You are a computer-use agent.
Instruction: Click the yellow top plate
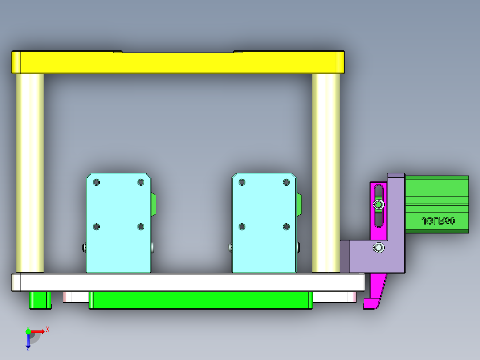(x=178, y=62)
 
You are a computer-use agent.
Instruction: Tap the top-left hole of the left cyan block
(x=97, y=182)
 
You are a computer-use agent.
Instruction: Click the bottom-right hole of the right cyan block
(x=286, y=227)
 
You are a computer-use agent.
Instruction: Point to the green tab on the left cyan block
(x=154, y=205)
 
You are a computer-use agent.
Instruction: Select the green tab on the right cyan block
(x=299, y=205)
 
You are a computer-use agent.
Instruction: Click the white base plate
(x=187, y=282)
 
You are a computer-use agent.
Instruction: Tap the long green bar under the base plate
(x=200, y=300)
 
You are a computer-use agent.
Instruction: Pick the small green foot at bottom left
(x=40, y=300)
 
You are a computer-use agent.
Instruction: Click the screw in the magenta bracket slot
(x=378, y=205)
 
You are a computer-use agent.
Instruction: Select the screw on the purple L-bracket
(x=378, y=248)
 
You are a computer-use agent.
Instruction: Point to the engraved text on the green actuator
(x=438, y=221)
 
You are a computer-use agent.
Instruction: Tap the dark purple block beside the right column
(x=344, y=256)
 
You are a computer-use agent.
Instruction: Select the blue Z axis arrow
(x=28, y=341)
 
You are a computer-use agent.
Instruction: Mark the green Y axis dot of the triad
(x=28, y=331)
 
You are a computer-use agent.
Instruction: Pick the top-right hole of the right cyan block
(x=286, y=182)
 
